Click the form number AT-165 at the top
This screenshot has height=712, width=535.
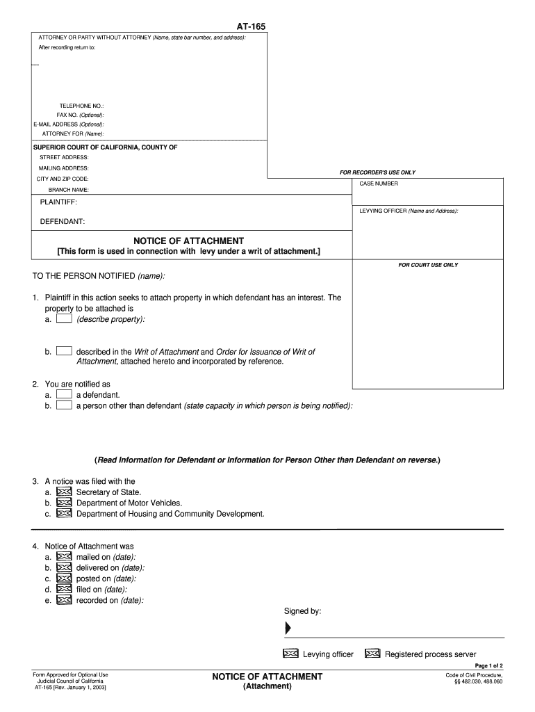[251, 26]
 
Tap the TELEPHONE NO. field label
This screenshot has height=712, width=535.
[81, 106]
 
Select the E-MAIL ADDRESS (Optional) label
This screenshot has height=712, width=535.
[69, 124]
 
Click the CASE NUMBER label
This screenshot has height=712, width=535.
[379, 184]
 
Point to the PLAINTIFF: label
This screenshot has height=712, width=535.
[58, 202]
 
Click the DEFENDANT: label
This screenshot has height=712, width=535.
[63, 222]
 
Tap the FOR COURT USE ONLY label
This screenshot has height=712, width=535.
[428, 265]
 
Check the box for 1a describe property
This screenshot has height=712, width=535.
[64, 319]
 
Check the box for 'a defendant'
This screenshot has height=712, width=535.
[64, 394]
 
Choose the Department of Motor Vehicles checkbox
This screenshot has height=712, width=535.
[64, 503]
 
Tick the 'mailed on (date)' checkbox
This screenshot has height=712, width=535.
[64, 557]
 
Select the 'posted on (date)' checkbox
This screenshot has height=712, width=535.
[64, 578]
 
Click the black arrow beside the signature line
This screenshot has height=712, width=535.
[288, 629]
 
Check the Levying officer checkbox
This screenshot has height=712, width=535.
[290, 654]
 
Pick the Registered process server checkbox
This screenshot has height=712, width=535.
[372, 654]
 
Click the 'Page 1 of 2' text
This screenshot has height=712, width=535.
[488, 665]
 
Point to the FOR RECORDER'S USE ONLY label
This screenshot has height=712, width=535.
[377, 172]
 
